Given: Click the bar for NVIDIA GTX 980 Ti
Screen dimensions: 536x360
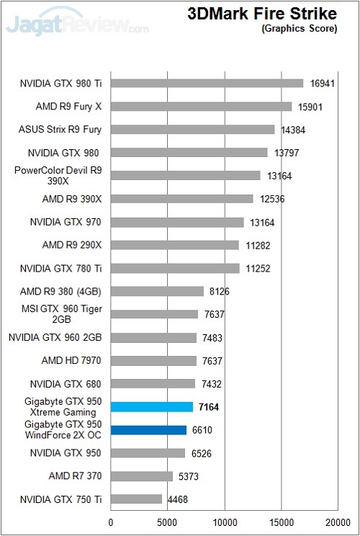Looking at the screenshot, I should tap(207, 84).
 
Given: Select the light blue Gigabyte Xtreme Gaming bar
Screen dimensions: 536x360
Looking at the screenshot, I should tap(152, 407).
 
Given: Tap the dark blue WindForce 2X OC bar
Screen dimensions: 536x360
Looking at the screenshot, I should tap(148, 430).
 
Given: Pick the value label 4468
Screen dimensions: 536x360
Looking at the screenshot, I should tap(177, 499).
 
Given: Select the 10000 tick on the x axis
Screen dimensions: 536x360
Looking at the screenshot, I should tap(224, 523).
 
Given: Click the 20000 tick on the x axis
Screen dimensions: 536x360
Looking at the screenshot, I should tap(337, 523).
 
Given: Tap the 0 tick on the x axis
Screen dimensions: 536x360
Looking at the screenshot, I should tap(111, 523).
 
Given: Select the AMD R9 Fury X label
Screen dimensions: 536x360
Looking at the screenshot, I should tap(68, 107).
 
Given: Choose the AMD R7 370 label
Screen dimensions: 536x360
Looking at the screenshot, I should tap(75, 476).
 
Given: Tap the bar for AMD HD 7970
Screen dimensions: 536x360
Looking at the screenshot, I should tap(153, 361).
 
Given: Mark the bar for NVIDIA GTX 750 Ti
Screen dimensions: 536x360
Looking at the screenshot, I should tap(136, 499).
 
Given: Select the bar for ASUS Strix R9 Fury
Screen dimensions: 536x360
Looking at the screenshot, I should tap(193, 130).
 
